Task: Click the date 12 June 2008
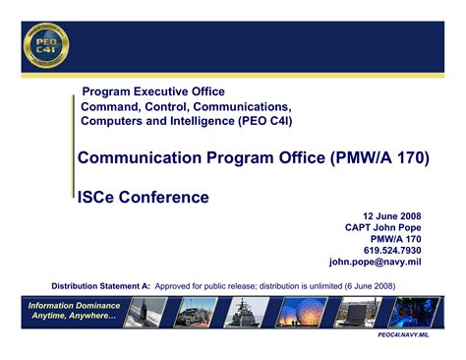tap(394, 214)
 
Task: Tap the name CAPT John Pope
tap(383, 226)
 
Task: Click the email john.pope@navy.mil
tap(375, 263)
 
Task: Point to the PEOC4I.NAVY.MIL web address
tap(412, 334)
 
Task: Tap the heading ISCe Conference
tap(144, 197)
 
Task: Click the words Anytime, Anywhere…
tap(74, 316)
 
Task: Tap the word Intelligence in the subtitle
tap(188, 121)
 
